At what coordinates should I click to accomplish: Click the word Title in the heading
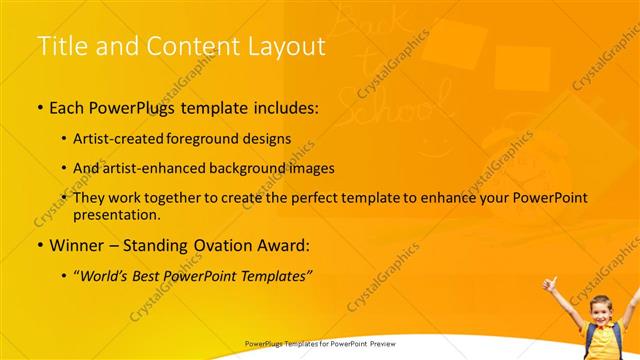60,47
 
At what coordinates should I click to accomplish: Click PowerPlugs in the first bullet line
127,107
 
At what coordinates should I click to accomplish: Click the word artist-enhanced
161,168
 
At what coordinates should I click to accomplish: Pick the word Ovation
220,244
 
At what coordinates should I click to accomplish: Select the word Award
283,244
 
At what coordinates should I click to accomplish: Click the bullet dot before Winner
39,245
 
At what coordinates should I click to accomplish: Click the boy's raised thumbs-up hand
549,284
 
